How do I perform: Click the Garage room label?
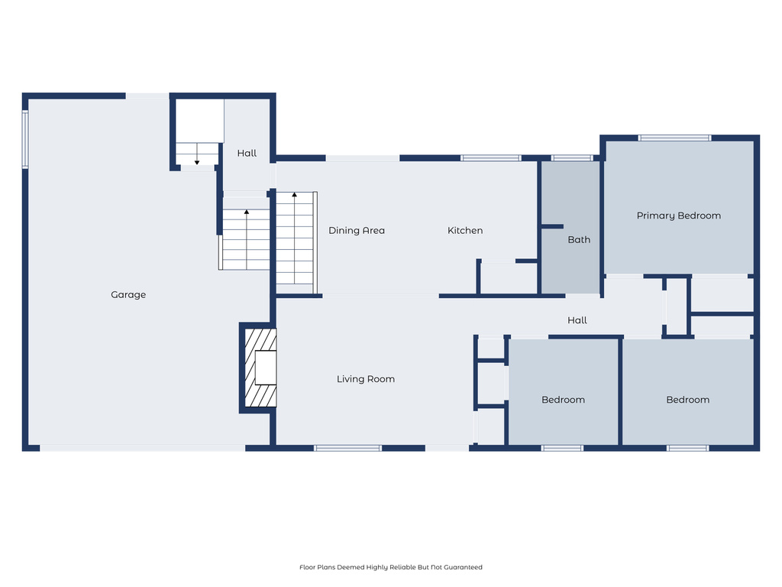pos(128,295)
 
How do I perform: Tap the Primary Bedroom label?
pos(678,216)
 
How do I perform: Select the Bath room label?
pos(579,240)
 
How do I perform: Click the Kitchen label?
pos(464,231)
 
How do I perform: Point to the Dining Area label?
pos(357,231)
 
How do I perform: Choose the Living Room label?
pos(366,379)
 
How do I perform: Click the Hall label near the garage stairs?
pos(247,154)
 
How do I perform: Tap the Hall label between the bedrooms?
pos(577,320)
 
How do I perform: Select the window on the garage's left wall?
pos(25,138)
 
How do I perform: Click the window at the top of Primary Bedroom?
pos(675,138)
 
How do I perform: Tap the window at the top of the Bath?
pos(572,158)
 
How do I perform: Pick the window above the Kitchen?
pos(490,158)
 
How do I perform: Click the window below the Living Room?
pos(347,448)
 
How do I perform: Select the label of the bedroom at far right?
pos(687,400)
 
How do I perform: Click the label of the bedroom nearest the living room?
pos(563,400)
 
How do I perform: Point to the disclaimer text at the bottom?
pos(390,567)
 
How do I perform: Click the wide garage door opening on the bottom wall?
pos(142,448)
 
